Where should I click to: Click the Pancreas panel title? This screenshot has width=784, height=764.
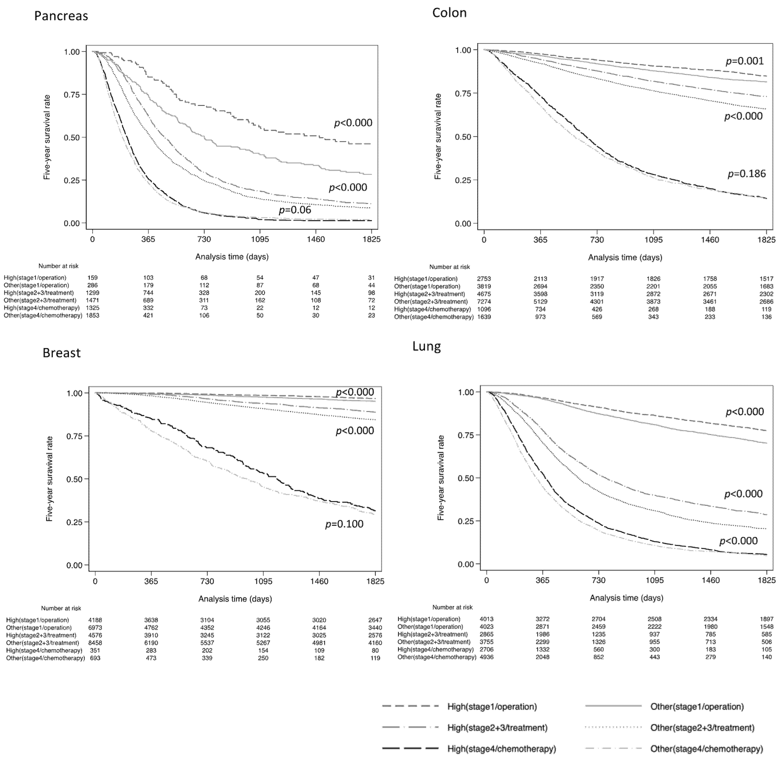[x=61, y=16]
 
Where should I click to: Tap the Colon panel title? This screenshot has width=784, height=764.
[x=449, y=13]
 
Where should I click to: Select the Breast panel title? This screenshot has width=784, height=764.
[x=61, y=353]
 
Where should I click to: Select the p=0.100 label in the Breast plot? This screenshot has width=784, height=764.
[x=344, y=524]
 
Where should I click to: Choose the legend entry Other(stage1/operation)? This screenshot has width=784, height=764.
[x=697, y=707]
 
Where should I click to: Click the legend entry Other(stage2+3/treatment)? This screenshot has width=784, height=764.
[x=702, y=728]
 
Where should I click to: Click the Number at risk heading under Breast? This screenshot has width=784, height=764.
[x=61, y=608]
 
